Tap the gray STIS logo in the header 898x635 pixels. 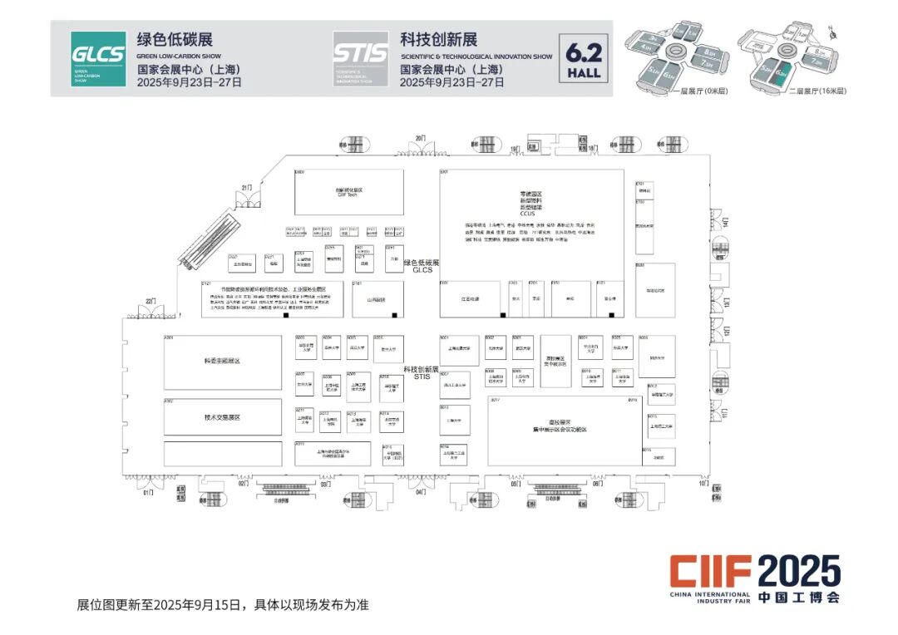pos(360,59)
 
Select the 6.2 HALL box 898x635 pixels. pos(583,59)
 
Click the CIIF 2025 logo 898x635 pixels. pos(756,577)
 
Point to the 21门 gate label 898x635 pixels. pos(246,189)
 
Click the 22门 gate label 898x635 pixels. pos(150,300)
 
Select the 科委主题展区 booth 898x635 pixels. pos(223,362)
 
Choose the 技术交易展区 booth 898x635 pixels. pos(223,417)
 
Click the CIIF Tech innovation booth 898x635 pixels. pos(349,192)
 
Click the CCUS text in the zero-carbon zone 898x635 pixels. pos(531,214)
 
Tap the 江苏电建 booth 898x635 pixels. pos(471,299)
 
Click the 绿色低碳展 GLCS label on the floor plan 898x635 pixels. pos(421,266)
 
